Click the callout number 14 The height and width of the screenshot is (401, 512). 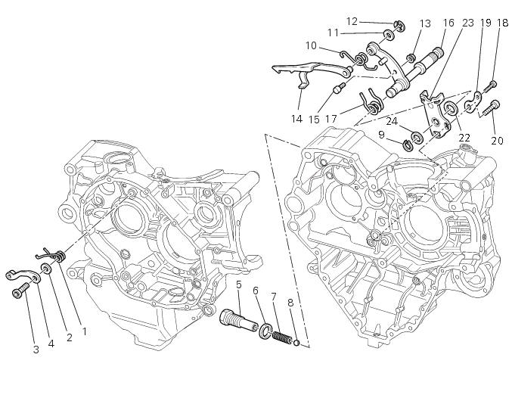coord(296,119)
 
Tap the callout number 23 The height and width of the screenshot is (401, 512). coord(468,23)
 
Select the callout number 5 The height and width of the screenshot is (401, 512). coord(238,285)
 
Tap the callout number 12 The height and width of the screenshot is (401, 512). coord(352,21)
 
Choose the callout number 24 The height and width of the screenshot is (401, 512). coord(391,121)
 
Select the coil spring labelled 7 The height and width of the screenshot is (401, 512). coord(281,334)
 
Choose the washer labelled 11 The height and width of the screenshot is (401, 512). coord(388,35)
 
